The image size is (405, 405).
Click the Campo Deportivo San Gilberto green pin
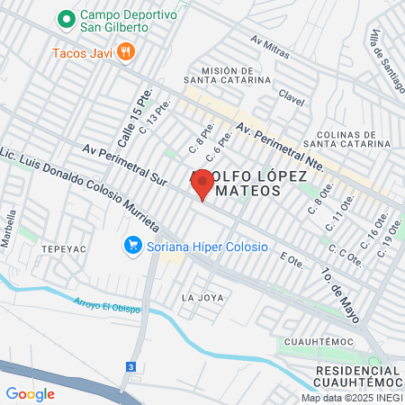click(66, 17)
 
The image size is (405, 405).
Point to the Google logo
click(30, 393)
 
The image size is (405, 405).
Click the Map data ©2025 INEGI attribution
click(351, 397)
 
